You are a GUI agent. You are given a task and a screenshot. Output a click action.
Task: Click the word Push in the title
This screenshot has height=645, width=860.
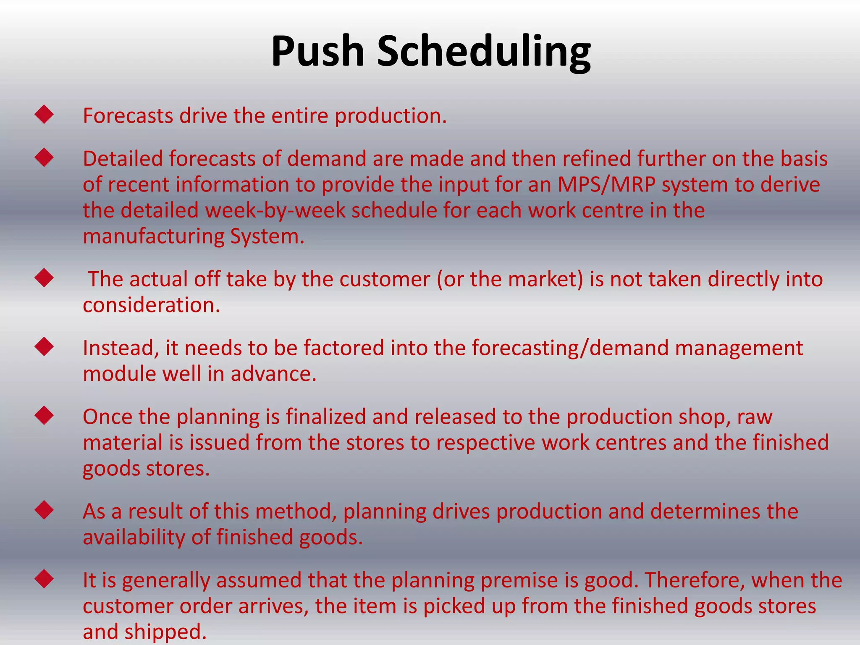pos(317,51)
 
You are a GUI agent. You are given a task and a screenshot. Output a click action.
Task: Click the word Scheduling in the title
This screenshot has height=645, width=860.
pos(483,51)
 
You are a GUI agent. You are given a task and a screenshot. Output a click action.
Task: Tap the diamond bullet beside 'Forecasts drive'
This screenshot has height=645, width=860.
pos(45,114)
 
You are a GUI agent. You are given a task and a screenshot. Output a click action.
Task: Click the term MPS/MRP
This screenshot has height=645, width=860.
pos(607,185)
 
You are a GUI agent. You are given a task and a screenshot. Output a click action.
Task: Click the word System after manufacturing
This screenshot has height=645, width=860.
pos(267,237)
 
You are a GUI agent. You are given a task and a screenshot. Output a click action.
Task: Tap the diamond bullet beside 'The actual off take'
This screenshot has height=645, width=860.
pos(45,278)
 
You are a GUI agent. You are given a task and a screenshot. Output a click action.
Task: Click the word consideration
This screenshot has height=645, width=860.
pos(151,305)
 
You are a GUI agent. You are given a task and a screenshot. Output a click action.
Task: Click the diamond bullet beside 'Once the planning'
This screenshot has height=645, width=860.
pos(45,415)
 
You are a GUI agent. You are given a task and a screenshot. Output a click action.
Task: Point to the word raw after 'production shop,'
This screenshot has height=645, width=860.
pos(755,417)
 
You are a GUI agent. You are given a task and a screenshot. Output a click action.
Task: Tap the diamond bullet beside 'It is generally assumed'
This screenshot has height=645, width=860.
pos(45,579)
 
